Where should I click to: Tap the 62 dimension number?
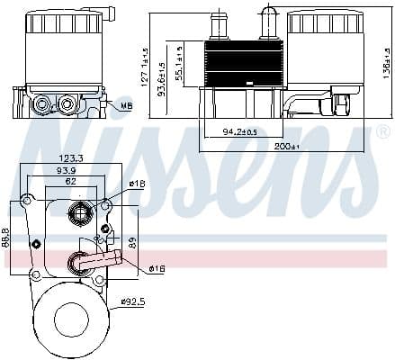(x=70, y=181)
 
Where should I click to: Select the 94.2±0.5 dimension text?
(x=239, y=131)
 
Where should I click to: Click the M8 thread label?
(x=127, y=105)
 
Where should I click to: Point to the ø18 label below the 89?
(x=157, y=268)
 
